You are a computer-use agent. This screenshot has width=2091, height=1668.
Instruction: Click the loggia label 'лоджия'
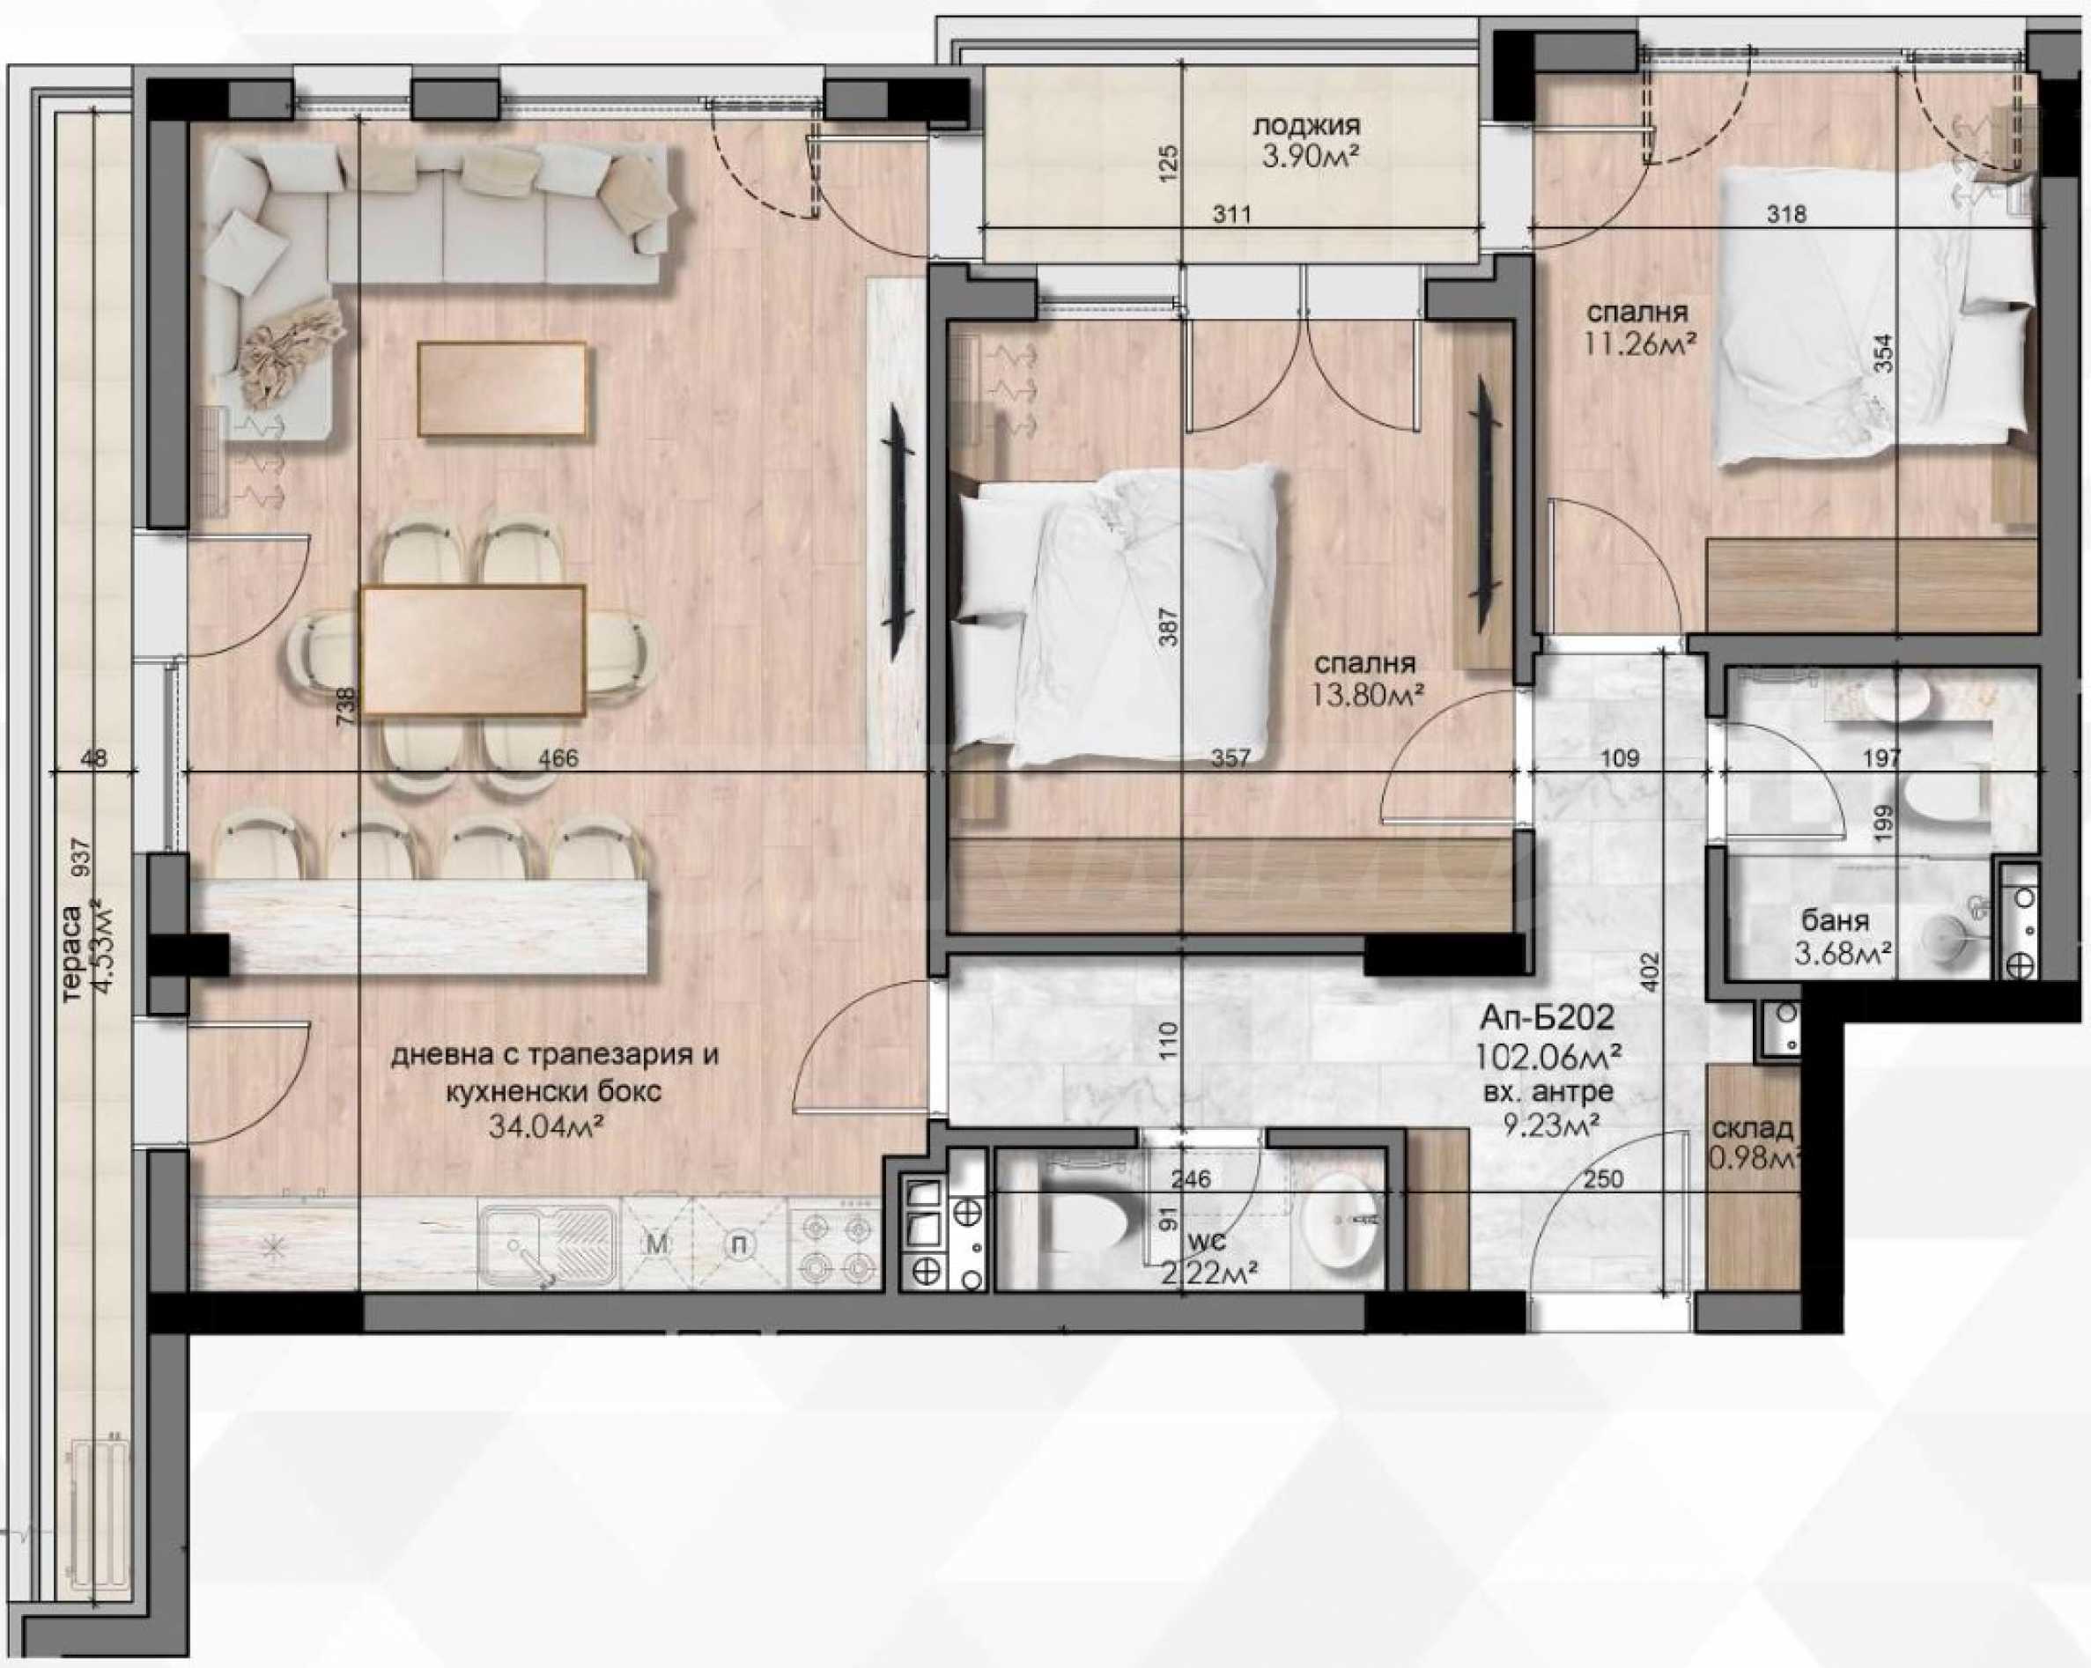click(1306, 126)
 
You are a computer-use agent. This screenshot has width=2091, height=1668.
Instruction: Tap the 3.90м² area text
click(1305, 158)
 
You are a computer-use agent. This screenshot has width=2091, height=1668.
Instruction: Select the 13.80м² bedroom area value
click(1366, 693)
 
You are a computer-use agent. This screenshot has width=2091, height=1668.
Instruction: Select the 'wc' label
click(1201, 1241)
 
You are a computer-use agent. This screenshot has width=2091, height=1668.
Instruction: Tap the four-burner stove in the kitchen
click(834, 1247)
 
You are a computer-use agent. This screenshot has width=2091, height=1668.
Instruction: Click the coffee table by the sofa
click(502, 389)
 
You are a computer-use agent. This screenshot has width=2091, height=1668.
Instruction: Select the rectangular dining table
click(473, 650)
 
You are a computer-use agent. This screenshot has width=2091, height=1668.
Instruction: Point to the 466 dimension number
click(558, 758)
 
